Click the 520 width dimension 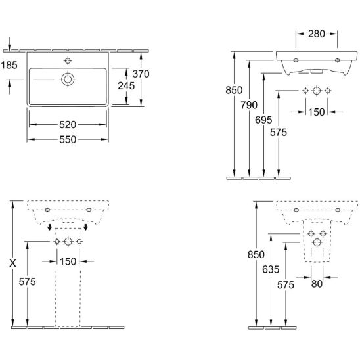pyautogui.click(x=68, y=125)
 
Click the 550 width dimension pyautogui.click(x=68, y=139)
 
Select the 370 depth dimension pyautogui.click(x=141, y=74)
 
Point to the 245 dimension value pyautogui.click(x=126, y=86)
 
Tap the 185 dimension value pyautogui.click(x=9, y=65)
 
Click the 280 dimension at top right pyautogui.click(x=317, y=34)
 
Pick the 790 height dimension pyautogui.click(x=249, y=105)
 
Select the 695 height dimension pyautogui.click(x=263, y=120)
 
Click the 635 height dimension pyautogui.click(x=271, y=269)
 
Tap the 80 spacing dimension pyautogui.click(x=317, y=284)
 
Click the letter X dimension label pyautogui.click(x=12, y=263)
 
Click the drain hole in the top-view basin pyautogui.click(x=68, y=79)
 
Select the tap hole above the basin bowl pyautogui.click(x=68, y=61)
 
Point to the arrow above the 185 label pyautogui.click(x=9, y=43)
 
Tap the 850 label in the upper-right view pyautogui.click(x=234, y=90)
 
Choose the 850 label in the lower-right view pyautogui.click(x=256, y=255)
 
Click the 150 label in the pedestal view pyautogui.click(x=68, y=261)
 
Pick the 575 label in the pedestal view pyautogui.click(x=27, y=282)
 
